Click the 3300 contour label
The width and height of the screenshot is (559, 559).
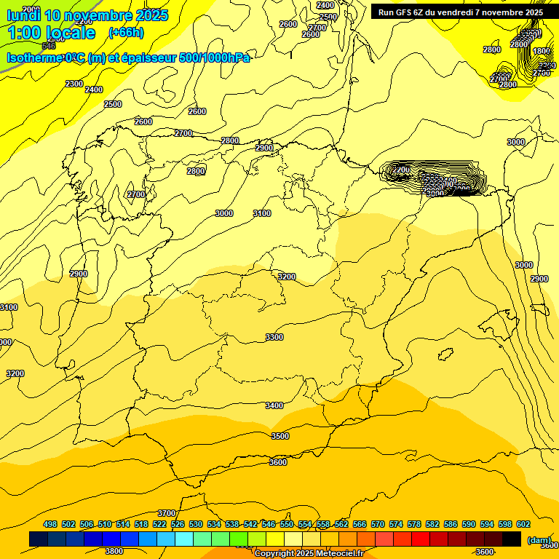(x=274, y=337)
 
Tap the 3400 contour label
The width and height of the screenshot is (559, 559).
(x=274, y=405)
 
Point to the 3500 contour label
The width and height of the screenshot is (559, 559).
(x=279, y=436)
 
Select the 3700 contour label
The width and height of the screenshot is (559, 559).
(x=167, y=513)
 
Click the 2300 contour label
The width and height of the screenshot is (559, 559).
(x=74, y=84)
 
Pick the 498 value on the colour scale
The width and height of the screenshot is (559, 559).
(x=50, y=524)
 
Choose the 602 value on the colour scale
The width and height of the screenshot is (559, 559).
(x=523, y=524)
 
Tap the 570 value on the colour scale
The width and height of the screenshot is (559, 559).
(x=378, y=524)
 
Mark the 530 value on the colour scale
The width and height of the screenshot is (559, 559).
(x=196, y=524)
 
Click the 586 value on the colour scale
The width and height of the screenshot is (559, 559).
(x=451, y=524)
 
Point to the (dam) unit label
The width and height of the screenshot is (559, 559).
(x=538, y=540)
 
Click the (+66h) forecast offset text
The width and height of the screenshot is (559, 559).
(x=126, y=33)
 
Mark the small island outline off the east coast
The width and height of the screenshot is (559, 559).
(x=444, y=355)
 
